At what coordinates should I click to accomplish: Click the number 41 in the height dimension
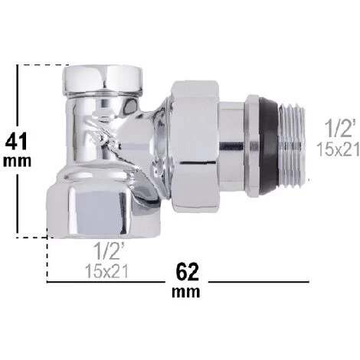click(16, 142)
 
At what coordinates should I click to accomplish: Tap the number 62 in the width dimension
click(187, 273)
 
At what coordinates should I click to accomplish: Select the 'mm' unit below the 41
click(17, 162)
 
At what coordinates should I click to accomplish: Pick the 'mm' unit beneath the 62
click(186, 292)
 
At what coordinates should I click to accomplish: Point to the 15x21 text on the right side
click(338, 149)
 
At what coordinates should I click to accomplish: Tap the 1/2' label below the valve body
click(109, 251)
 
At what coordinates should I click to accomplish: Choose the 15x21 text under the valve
click(106, 271)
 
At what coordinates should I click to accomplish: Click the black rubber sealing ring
click(269, 148)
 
